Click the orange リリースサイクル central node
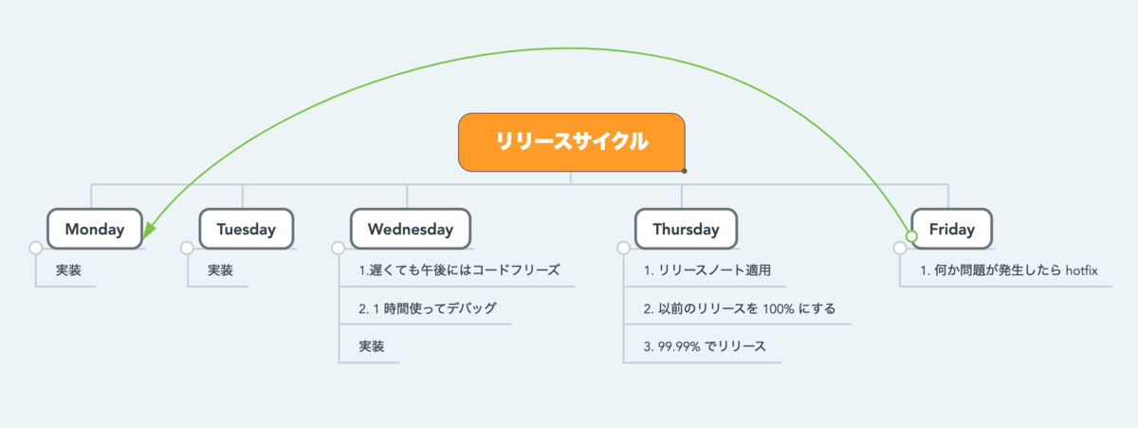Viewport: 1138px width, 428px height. [572, 142]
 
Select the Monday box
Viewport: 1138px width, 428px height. [95, 229]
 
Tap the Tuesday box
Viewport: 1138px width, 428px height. [247, 229]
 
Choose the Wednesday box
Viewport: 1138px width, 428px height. [411, 229]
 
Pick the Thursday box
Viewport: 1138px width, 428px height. [686, 229]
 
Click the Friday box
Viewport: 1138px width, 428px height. [951, 229]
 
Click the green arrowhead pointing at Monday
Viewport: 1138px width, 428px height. [149, 231]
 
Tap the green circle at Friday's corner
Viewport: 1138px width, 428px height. [911, 236]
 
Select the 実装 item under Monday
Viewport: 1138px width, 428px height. [68, 270]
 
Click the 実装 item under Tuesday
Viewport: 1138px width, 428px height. [220, 270]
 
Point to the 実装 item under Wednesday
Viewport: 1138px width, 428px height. [372, 346]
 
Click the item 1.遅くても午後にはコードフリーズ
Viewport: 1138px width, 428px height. [459, 270]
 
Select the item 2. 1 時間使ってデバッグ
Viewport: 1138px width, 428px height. [428, 308]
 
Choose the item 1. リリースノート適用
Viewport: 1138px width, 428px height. [707, 270]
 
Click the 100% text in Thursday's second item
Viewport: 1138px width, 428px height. [779, 308]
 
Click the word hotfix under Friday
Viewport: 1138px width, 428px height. [1082, 270]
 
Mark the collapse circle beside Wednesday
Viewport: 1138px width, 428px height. [338, 248]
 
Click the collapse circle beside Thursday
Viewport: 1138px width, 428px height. [623, 248]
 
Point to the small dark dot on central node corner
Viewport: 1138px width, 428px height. [685, 171]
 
